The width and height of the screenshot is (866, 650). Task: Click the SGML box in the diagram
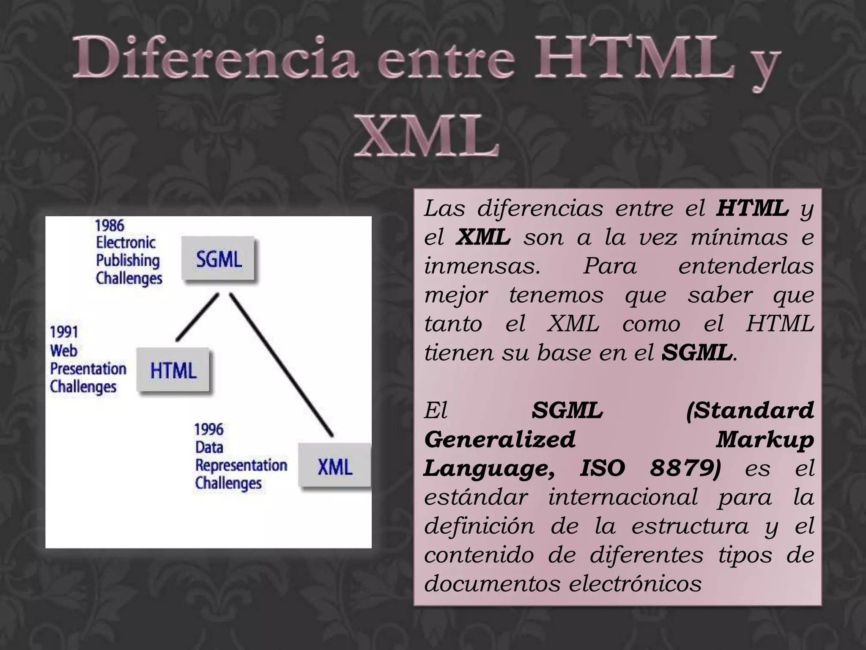[219, 259]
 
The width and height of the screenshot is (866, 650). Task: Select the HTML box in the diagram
[173, 371]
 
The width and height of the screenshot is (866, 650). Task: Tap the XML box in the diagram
[334, 466]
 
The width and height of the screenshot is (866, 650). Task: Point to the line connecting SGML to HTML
[197, 317]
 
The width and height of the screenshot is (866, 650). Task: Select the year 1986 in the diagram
[110, 225]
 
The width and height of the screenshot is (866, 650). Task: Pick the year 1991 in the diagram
[64, 332]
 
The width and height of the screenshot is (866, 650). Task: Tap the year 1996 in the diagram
[209, 430]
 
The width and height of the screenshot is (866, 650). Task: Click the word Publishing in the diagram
[128, 261]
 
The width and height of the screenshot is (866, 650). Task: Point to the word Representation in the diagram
[241, 465]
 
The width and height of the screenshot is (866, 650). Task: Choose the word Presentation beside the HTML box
[88, 369]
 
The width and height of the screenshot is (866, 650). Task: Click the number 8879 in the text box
[685, 468]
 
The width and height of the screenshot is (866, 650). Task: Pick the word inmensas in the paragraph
[482, 266]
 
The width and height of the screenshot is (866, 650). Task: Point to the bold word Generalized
[500, 439]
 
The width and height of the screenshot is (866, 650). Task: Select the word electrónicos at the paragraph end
[635, 584]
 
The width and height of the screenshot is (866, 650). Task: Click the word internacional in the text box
[623, 497]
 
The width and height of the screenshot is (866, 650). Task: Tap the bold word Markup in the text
[765, 439]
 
